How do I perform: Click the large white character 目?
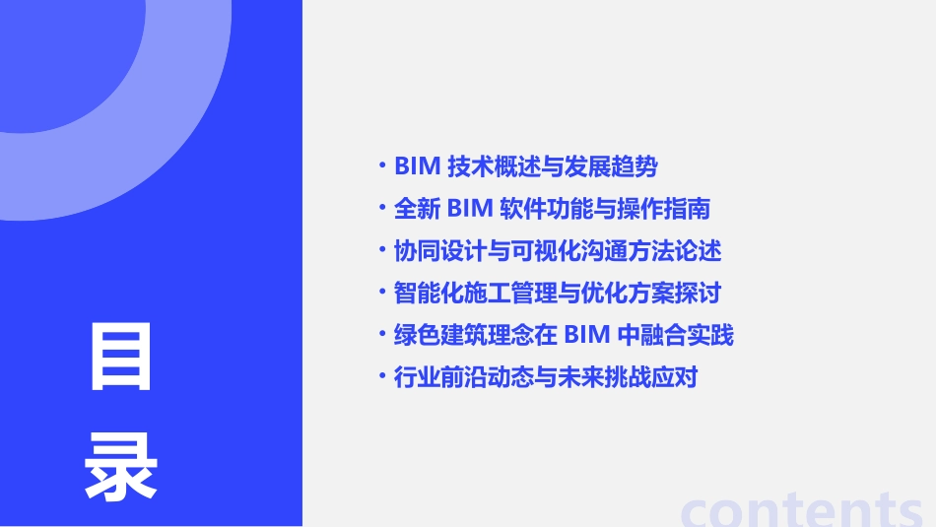tap(121, 357)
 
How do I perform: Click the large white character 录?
tap(121, 466)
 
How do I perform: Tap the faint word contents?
tap(802, 509)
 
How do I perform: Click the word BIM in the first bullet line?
tap(416, 166)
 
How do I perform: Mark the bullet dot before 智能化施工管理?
tap(382, 292)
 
